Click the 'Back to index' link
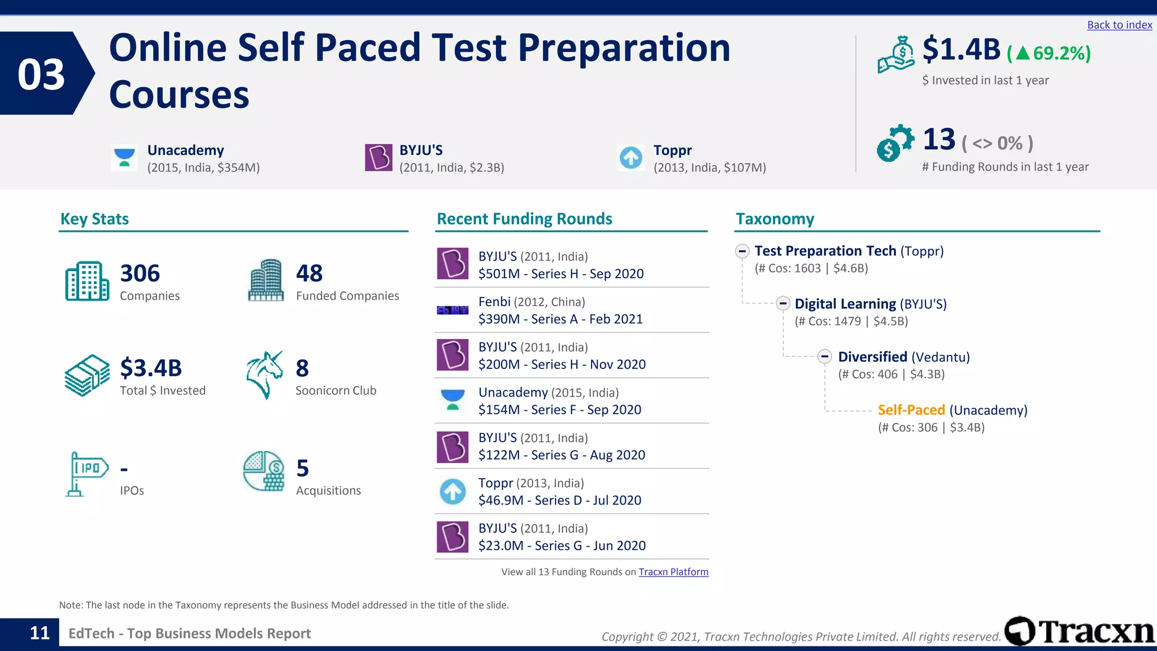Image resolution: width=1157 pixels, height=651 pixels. [1119, 25]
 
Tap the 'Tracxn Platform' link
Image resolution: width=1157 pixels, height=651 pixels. [673, 572]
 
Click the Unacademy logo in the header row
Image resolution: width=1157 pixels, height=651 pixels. [124, 158]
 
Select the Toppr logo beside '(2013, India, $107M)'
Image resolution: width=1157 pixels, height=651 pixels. [631, 158]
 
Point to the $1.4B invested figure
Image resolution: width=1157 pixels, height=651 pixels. [961, 49]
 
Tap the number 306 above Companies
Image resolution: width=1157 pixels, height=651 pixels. [140, 274]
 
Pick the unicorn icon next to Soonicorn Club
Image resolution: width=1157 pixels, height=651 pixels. [264, 375]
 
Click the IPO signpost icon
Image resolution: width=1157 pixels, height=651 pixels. [86, 474]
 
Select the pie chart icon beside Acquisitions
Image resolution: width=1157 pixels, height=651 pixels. [264, 471]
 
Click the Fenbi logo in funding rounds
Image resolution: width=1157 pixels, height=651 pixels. [453, 310]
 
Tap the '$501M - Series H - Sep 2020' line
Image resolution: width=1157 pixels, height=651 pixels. [561, 274]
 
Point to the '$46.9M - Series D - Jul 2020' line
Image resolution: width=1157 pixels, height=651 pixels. [560, 501]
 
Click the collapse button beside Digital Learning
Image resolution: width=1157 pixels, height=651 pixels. [783, 303]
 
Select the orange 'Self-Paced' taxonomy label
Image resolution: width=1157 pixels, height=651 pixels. [911, 410]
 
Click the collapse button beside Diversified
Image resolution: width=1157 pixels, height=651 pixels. [825, 357]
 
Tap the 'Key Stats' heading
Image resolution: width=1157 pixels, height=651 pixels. [94, 219]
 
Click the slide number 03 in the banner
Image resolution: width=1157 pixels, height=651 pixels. [41, 74]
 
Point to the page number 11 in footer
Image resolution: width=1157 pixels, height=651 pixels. [40, 633]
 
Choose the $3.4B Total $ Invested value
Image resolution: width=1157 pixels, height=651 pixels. [151, 368]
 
